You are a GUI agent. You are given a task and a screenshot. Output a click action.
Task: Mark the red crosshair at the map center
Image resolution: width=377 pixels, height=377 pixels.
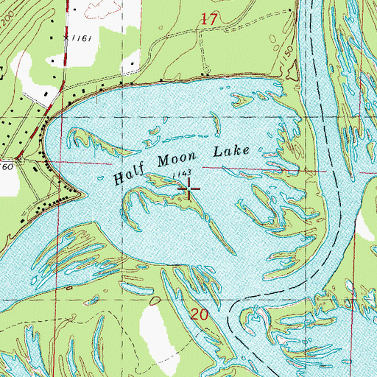188,191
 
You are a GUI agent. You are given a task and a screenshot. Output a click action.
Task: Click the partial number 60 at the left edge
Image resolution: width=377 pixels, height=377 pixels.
6,158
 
